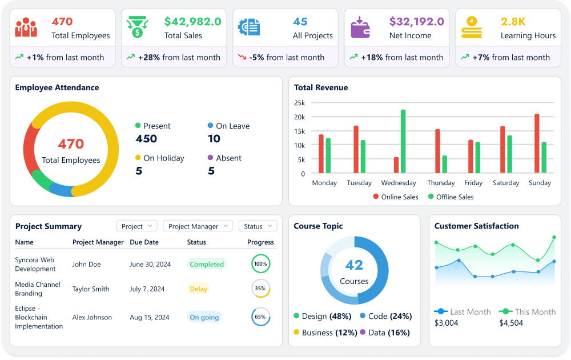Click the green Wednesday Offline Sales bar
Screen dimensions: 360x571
point(403,141)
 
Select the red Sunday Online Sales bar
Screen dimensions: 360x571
point(537,143)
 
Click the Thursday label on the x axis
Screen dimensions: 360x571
point(441,183)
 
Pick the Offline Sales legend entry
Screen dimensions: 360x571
point(450,197)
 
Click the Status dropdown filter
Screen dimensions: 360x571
point(258,226)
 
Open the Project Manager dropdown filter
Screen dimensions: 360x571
point(198,226)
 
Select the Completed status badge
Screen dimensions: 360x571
point(207,264)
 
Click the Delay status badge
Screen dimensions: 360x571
point(198,289)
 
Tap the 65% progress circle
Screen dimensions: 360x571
point(260,317)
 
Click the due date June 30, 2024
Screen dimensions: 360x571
point(150,264)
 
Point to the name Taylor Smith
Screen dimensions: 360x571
point(91,289)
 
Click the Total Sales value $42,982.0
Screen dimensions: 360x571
point(192,22)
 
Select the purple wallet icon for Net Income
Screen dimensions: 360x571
point(360,27)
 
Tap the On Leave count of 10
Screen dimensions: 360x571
point(214,139)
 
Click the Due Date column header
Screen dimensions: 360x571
point(143,242)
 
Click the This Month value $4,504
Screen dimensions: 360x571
point(511,323)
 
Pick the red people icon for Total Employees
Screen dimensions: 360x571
point(26,27)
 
